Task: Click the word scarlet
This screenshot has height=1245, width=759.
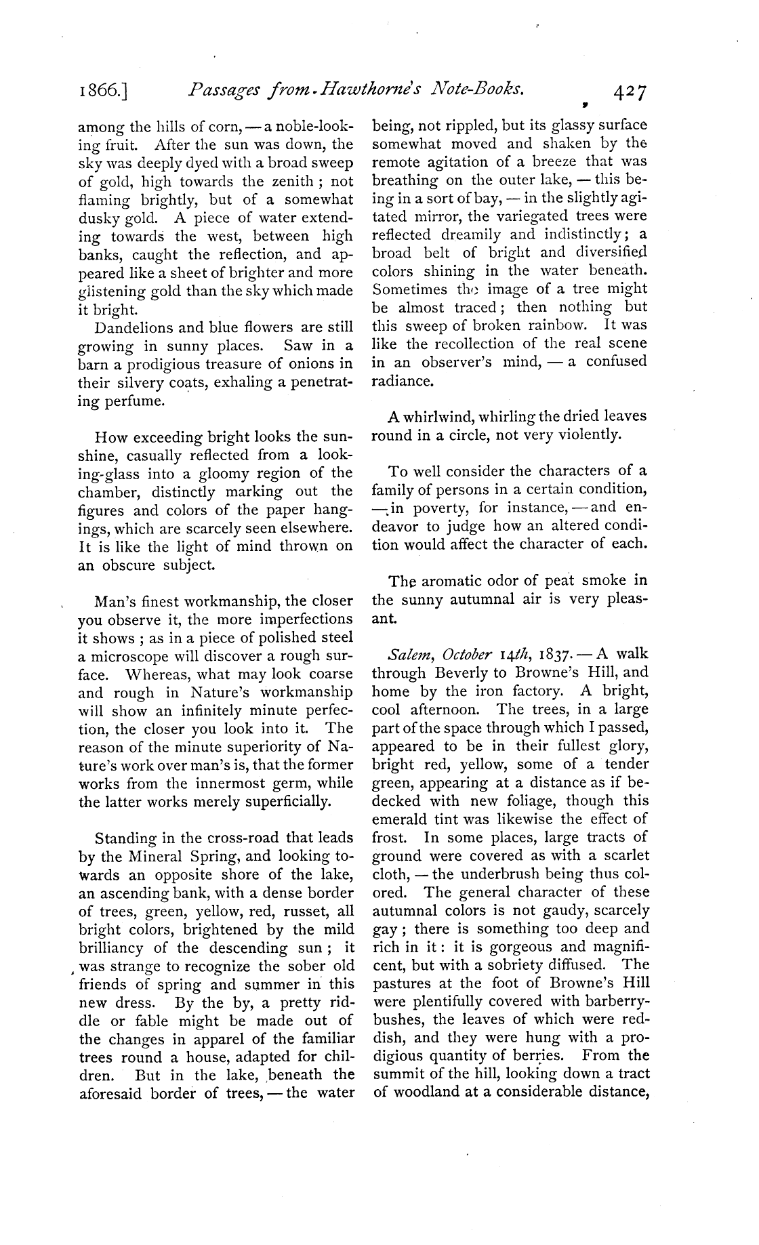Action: [625, 855]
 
